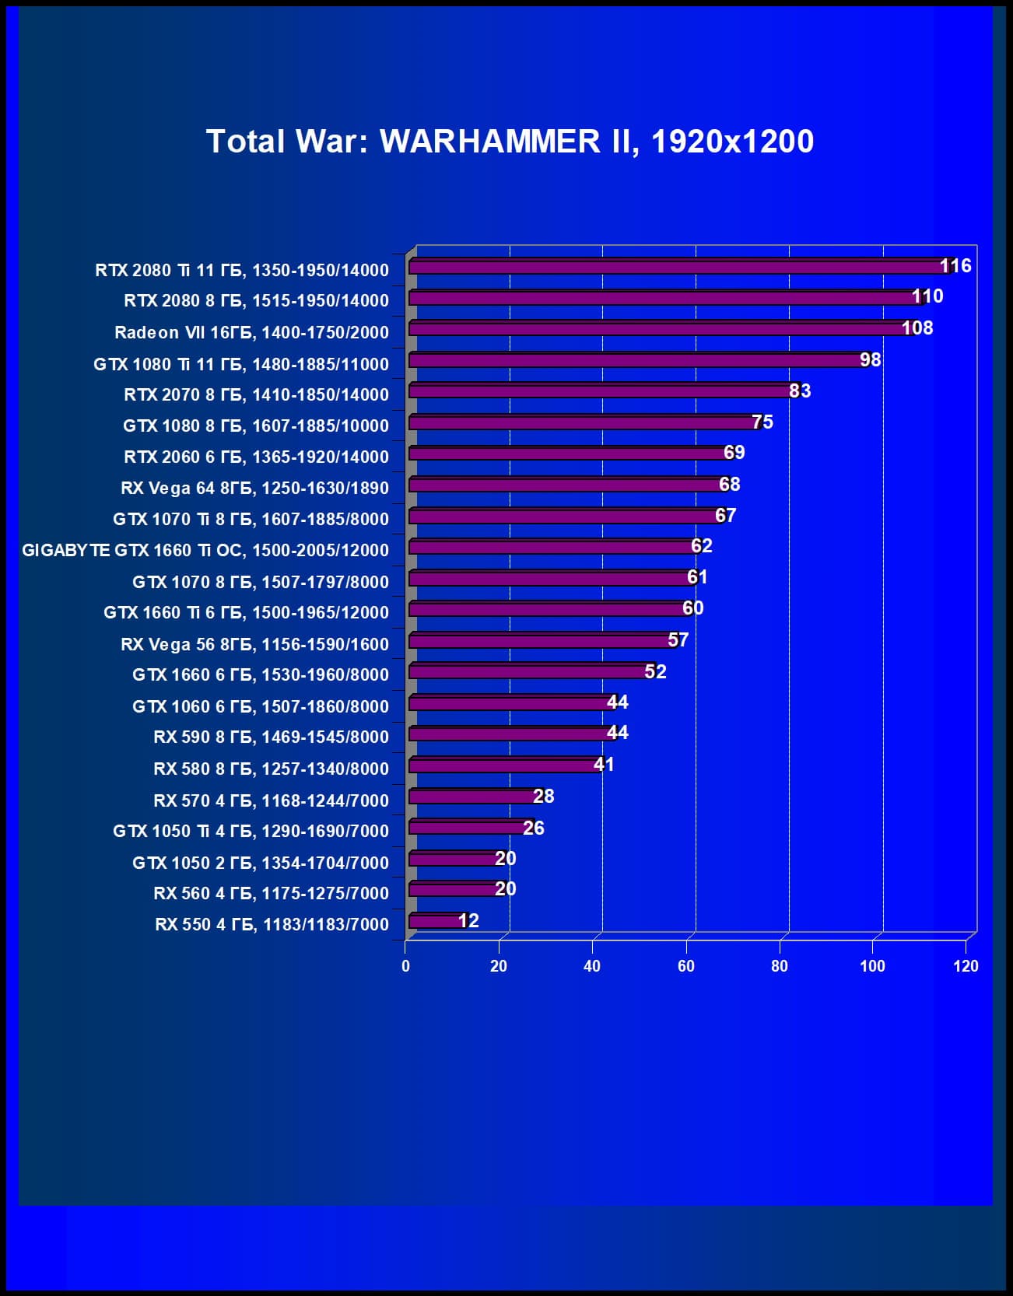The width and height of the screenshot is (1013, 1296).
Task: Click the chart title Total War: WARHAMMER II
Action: [510, 142]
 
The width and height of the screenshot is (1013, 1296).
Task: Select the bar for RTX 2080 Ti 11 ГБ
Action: [677, 267]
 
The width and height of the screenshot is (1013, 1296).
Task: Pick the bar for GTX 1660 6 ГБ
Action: [529, 672]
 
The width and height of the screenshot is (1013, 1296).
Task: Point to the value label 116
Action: [955, 266]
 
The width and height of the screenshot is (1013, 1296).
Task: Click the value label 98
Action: [870, 359]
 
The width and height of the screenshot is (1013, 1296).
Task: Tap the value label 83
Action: [800, 391]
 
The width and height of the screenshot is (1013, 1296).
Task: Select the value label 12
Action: [468, 921]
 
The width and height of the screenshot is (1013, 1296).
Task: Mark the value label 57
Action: [678, 640]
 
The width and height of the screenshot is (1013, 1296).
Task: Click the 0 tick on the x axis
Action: [405, 966]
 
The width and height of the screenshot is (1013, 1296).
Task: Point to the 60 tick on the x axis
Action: [685, 966]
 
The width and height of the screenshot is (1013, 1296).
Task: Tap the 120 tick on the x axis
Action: [966, 966]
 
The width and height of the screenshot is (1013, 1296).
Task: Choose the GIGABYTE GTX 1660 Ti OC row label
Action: [205, 551]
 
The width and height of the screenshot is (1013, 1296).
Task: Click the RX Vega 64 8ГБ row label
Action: [254, 489]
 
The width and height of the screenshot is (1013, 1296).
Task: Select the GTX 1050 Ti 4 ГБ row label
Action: [251, 832]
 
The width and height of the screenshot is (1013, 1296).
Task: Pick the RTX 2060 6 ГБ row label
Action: [256, 457]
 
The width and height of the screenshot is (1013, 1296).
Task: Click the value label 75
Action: [762, 422]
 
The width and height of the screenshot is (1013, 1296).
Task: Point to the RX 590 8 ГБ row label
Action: [271, 737]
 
